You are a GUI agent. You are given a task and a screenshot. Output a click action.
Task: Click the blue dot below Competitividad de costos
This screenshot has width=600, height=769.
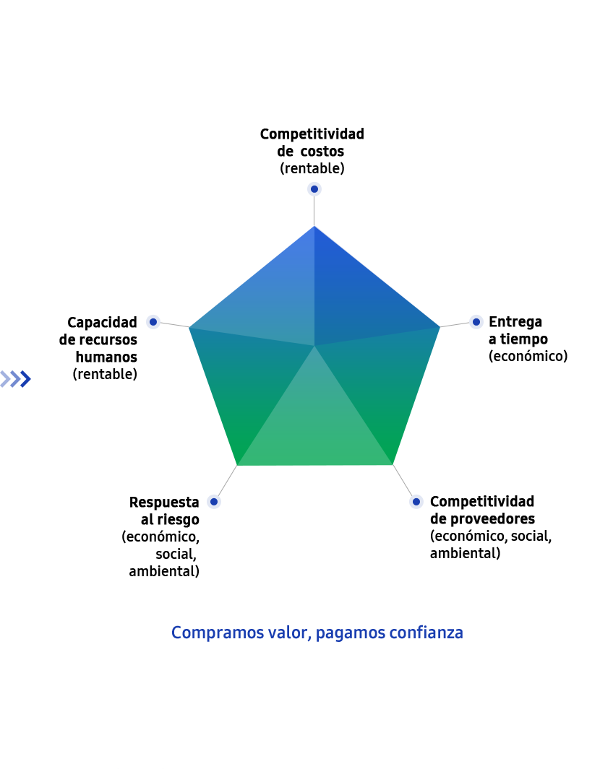pos(314,188)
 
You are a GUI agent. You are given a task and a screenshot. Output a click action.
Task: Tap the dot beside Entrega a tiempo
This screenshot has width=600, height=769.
pos(476,322)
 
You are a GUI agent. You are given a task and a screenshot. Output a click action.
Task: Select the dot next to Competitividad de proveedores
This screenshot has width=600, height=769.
pos(416,502)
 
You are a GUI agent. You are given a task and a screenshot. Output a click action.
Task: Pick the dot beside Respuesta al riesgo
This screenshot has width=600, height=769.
pos(214,502)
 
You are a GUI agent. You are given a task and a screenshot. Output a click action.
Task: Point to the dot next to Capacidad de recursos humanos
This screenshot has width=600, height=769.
pos(153,322)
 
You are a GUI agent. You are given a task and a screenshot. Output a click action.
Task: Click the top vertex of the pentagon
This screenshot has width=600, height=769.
pos(314,226)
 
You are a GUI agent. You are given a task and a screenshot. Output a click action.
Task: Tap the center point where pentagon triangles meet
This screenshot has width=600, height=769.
pos(314,346)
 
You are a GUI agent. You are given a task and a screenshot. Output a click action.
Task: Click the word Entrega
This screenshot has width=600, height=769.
pos(515,322)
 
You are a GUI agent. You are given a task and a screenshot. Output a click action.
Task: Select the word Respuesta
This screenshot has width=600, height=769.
pos(164,503)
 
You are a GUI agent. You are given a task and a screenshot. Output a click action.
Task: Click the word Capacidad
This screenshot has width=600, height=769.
pos(102,322)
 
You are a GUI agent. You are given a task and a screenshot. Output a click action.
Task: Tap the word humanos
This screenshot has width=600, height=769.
pos(106,357)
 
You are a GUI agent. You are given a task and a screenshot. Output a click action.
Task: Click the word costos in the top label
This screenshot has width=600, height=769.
pos(322,151)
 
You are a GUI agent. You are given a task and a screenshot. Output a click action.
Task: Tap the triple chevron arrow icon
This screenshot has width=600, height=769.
pos(16,378)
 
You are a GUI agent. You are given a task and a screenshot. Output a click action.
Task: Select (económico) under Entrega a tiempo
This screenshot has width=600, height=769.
pos(528,356)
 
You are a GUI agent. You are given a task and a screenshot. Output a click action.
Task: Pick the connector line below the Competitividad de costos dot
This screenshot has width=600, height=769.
pos(314,211)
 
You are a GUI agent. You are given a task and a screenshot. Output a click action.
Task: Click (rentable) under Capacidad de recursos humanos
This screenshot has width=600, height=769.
pos(105,374)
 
